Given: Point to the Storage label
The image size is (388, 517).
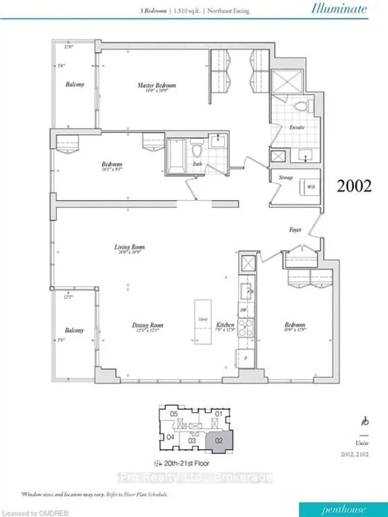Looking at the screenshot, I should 286,177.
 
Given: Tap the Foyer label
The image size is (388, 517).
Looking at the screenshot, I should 296,231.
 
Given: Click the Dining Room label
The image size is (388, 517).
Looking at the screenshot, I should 148,326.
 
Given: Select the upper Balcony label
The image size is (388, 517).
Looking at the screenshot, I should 75,84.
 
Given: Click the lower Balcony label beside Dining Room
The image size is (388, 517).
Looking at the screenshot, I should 75,331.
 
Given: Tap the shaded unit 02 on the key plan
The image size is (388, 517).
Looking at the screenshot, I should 216,441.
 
